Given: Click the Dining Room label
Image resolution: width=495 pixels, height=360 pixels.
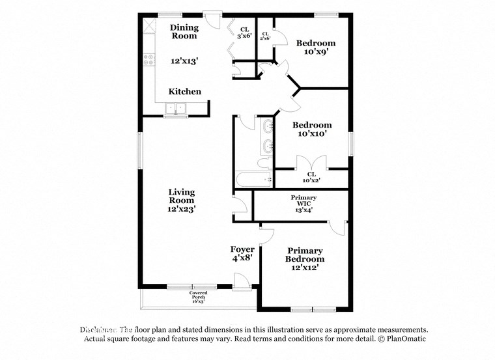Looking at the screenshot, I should point(184,32).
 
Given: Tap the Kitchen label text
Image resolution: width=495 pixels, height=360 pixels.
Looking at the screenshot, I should point(185,92).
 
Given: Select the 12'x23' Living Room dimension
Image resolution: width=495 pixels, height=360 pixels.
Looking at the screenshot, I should point(182,210).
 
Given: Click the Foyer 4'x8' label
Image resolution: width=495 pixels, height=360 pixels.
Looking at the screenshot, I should point(242,254).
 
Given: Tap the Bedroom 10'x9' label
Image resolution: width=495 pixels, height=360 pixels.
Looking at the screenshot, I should point(316,48).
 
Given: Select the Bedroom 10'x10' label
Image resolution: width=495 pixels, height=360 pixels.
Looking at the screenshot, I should point(312,129).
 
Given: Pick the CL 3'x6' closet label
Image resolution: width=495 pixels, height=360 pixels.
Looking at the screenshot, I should point(245,33).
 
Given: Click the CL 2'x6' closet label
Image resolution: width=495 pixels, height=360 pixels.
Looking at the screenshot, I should point(266,36).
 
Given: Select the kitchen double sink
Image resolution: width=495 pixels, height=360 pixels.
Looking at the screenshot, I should point(176,109).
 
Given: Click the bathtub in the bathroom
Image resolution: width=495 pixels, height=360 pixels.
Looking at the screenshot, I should point(254,179).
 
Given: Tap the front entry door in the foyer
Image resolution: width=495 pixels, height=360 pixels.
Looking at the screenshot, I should point(242,281).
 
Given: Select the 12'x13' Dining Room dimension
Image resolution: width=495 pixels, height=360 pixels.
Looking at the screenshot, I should point(184,61).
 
